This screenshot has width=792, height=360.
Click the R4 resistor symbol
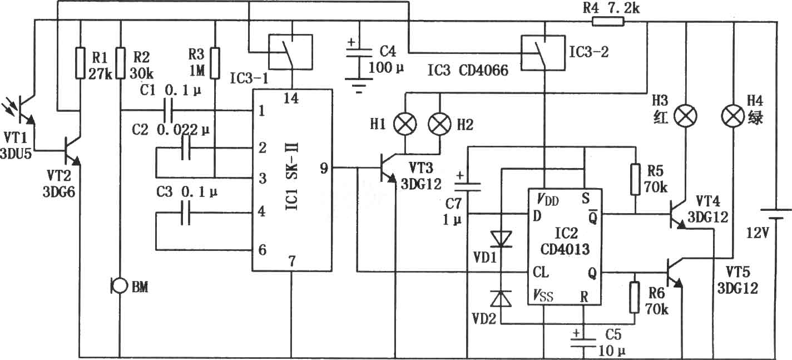608,22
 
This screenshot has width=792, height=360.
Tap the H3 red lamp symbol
686,116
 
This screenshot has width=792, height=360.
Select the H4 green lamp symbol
733,116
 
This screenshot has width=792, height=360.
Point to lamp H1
405,125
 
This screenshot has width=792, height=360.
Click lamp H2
439,125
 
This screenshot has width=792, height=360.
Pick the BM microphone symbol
119,286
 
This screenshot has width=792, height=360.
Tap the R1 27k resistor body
81,62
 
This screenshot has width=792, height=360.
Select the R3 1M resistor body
215,62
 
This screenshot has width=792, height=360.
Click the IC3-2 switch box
543,53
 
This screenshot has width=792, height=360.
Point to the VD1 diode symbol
501,239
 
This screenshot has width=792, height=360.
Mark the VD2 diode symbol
501,299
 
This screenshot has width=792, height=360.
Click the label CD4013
565,249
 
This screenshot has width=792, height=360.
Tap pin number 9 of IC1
324,168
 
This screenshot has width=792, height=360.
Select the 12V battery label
758,233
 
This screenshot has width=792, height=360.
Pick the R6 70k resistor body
635,298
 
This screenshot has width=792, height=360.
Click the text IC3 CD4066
468,70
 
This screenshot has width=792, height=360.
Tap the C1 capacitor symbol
167,110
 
